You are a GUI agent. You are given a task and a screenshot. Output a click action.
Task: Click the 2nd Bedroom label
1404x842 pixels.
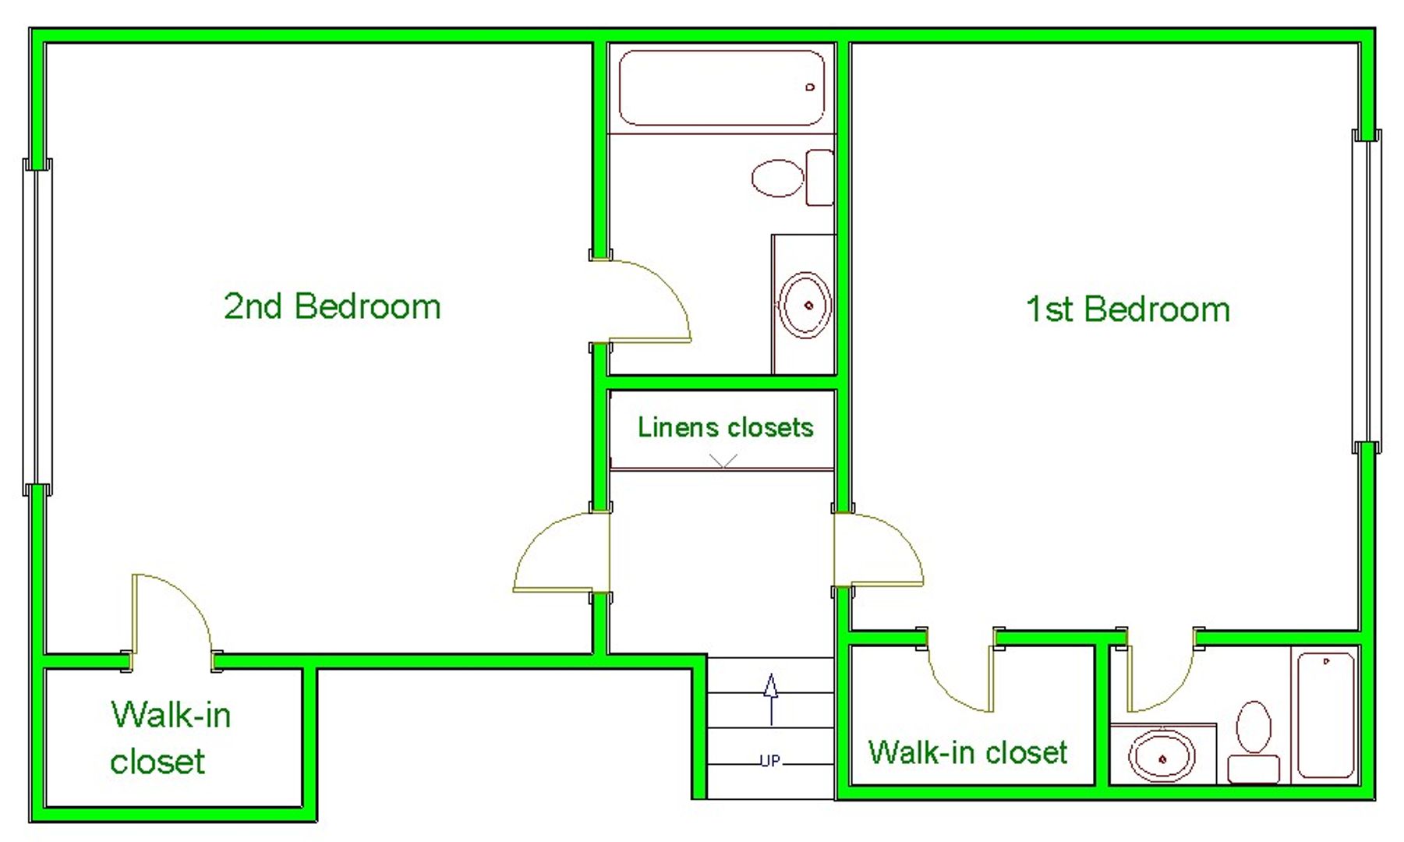coord(332,306)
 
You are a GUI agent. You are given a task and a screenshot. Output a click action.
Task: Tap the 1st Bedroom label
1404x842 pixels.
coord(1128,310)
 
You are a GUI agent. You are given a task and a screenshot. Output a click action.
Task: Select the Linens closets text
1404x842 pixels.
coord(725,427)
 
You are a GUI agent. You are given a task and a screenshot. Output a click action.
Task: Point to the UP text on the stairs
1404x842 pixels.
coord(769,761)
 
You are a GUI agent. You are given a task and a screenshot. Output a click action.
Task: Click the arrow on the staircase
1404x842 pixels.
coord(771,699)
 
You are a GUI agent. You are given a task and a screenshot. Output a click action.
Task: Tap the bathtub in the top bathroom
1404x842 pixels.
coord(722,88)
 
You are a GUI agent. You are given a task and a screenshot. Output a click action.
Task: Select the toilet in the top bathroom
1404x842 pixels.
coord(792,178)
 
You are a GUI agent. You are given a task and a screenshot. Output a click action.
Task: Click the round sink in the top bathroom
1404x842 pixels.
coord(806,305)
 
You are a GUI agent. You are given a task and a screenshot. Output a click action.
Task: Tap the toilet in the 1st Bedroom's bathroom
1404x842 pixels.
coord(1254,741)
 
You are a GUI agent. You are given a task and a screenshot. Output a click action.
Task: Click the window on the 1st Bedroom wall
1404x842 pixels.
coord(1367,292)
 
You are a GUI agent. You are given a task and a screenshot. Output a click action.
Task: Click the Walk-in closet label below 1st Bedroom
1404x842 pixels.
coord(967,752)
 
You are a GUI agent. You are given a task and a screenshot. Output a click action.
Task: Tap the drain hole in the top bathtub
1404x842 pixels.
coord(810,87)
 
